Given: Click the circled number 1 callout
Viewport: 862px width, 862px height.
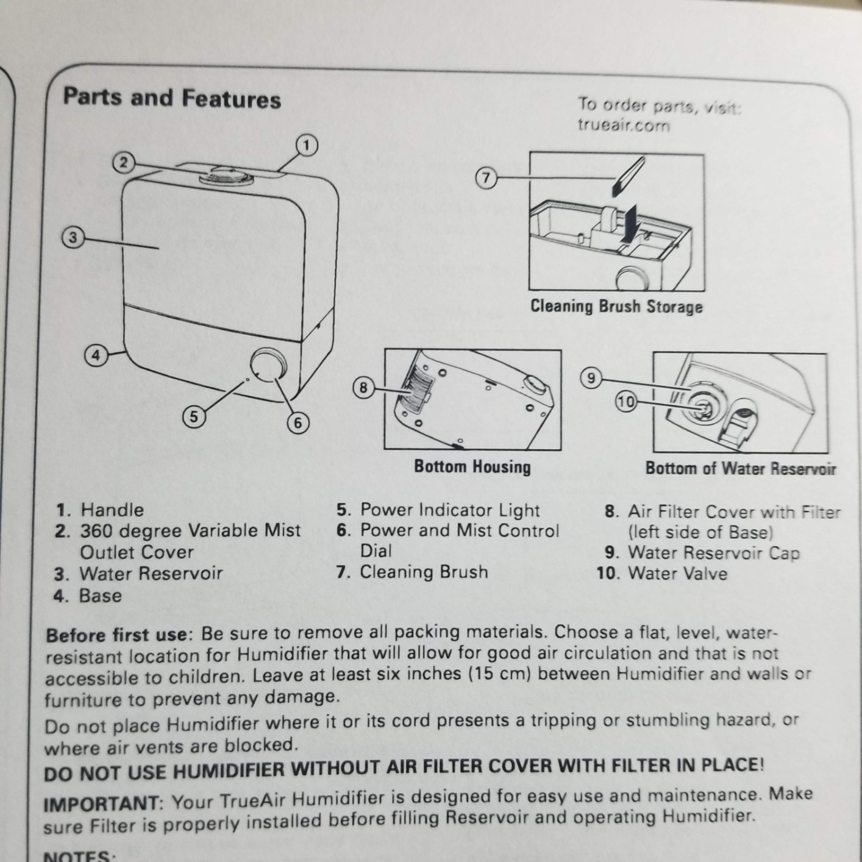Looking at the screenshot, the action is click(307, 146).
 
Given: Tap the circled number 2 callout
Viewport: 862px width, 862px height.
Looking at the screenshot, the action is click(124, 163).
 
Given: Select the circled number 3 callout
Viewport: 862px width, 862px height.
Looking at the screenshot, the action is click(73, 238).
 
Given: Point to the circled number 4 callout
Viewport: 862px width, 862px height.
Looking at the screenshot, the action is click(96, 355).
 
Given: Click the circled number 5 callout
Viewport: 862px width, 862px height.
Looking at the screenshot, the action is click(194, 417).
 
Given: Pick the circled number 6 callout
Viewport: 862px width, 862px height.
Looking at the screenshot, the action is click(298, 422).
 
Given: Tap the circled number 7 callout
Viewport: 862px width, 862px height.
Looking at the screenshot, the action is click(486, 178).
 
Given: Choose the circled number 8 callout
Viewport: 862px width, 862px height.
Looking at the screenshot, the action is click(363, 387).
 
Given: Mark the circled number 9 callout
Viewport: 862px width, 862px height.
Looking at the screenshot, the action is click(591, 379).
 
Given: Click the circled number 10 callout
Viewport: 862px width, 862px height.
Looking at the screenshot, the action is click(626, 402).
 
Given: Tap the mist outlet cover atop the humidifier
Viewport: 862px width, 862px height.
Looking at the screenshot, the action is click(227, 176).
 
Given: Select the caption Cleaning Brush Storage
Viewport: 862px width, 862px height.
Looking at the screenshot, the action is click(616, 307).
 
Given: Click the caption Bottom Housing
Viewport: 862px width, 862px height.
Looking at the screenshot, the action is click(472, 466).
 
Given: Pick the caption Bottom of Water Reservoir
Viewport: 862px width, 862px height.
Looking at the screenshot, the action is click(740, 468).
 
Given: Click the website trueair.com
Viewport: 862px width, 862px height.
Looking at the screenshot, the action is click(624, 125).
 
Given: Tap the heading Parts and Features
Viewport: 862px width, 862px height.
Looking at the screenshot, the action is click(173, 98).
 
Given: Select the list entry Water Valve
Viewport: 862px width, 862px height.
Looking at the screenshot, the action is click(678, 574).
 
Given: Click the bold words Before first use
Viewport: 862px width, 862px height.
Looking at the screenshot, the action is click(117, 635).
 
